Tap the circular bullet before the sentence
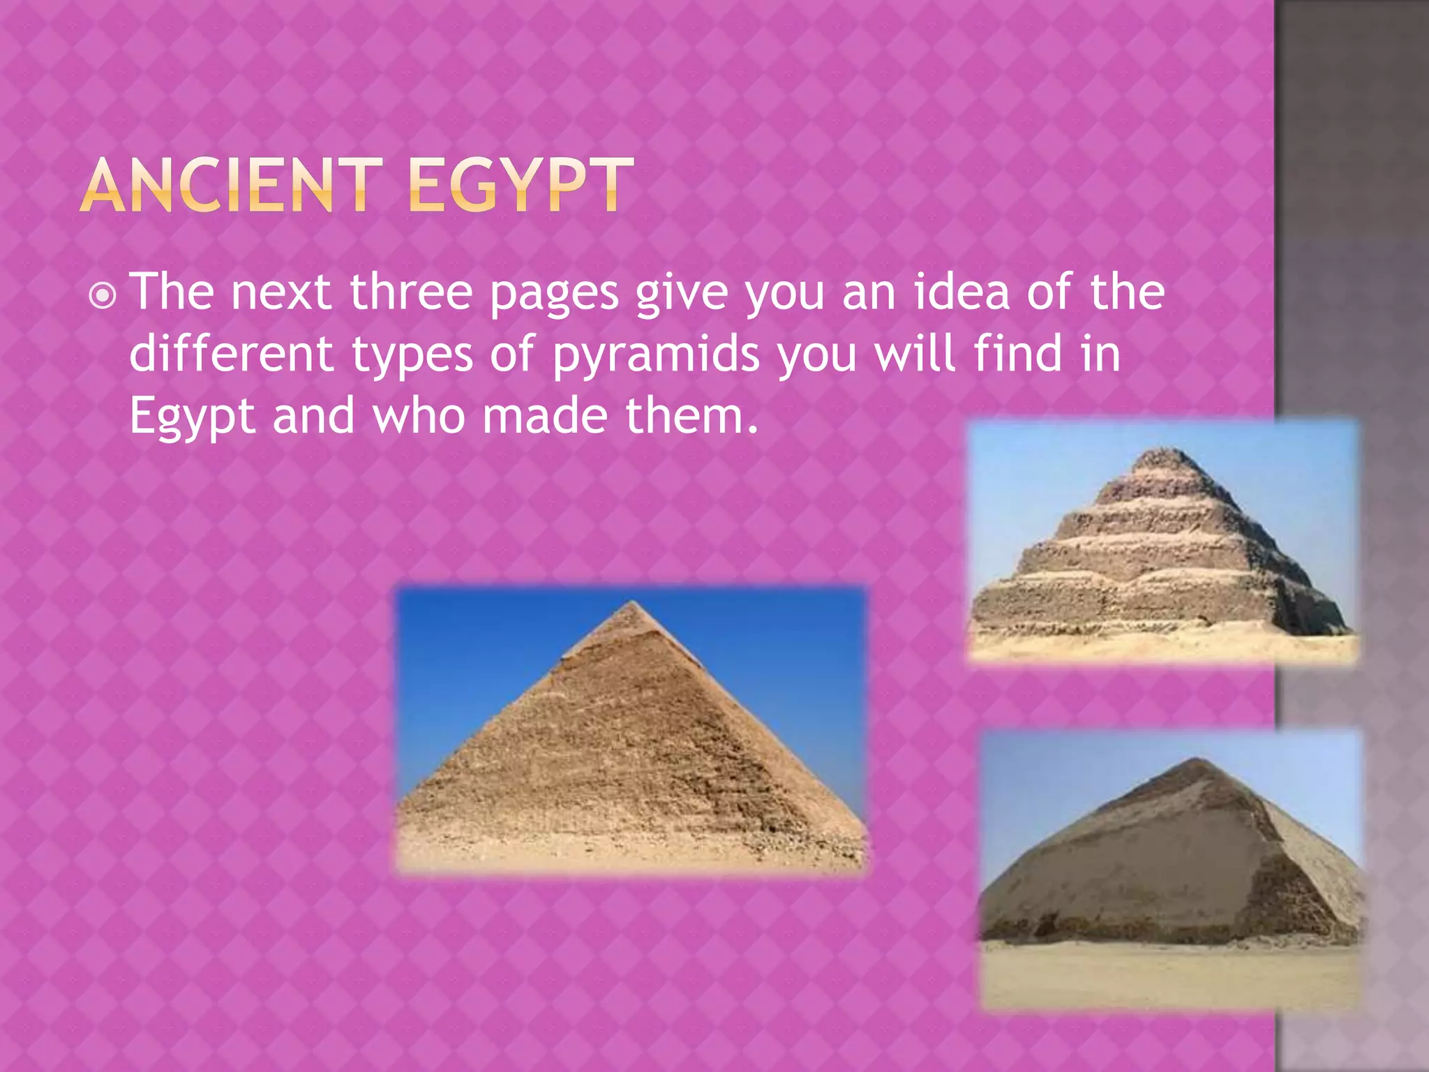click(103, 296)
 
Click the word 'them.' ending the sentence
click(691, 415)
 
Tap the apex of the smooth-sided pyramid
click(631, 604)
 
